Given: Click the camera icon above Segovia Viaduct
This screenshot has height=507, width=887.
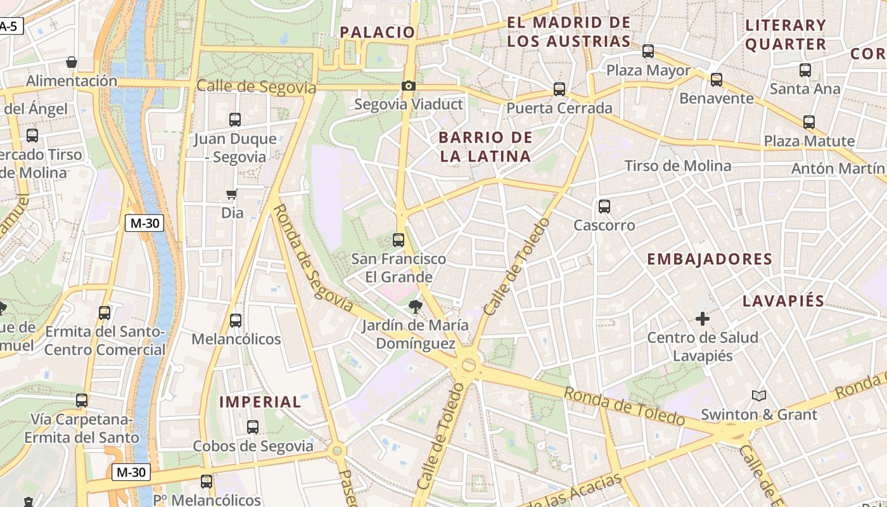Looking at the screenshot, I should (409, 86).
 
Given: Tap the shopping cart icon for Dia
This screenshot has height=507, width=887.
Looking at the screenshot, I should (232, 195).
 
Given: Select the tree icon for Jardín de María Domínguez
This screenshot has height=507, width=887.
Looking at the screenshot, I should (416, 307).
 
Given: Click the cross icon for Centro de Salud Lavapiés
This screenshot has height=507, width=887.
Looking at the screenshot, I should (702, 319).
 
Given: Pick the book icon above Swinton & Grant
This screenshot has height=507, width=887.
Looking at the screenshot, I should (759, 396).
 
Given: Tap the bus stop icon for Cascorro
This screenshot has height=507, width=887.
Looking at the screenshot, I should (604, 206).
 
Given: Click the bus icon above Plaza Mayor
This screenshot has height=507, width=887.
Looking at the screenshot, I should (648, 51).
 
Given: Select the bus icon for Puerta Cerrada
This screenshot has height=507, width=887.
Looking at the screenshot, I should (559, 89).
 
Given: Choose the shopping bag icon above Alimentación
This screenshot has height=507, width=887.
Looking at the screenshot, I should (72, 62).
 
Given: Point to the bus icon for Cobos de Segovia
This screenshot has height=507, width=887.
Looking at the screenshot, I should (252, 427).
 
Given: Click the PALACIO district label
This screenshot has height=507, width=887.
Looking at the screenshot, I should (378, 32).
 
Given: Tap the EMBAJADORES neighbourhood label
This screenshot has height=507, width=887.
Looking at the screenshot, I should (710, 259).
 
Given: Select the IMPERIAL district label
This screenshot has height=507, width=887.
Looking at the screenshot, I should (260, 402).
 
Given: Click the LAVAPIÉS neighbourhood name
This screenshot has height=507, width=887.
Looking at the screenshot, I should (783, 301).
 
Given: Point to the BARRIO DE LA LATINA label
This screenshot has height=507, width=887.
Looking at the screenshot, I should (485, 146).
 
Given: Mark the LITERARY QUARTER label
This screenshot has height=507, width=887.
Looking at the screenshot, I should (786, 35).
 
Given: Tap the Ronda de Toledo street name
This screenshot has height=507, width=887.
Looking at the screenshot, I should (624, 406).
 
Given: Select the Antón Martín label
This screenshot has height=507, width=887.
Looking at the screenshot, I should (838, 169).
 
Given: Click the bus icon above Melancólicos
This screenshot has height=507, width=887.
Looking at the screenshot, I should (236, 321).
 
